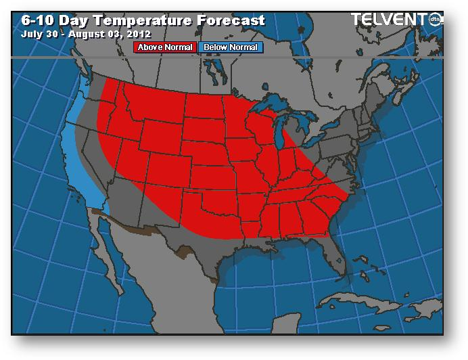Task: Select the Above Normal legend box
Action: coord(165,47)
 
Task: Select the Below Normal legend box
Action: coord(231,47)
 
